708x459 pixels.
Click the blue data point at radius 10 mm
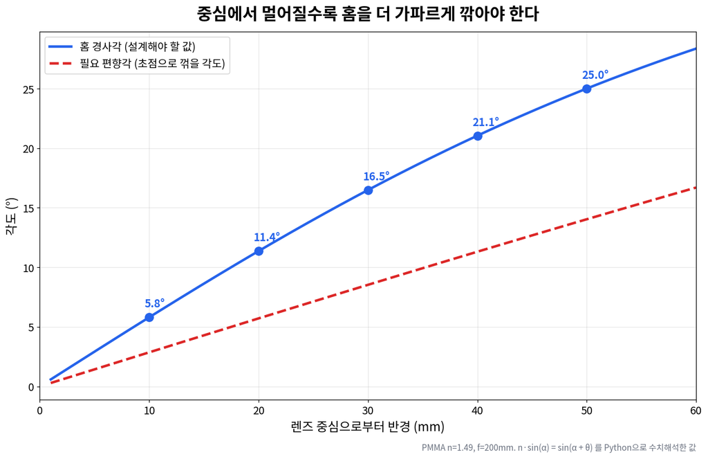(149, 318)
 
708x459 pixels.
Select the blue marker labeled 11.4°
(259, 251)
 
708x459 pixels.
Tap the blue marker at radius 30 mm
(368, 190)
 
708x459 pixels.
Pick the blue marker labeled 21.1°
(477, 136)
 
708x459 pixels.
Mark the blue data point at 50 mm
(586, 89)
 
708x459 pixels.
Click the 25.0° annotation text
(595, 75)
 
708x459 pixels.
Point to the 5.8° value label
(154, 303)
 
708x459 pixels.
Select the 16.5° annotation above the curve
(376, 177)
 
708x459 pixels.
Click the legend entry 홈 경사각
(138, 46)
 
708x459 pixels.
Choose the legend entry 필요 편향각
(152, 63)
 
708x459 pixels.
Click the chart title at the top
(368, 14)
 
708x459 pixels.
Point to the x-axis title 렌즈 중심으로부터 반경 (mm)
(368, 426)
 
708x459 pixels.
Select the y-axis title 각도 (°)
(11, 216)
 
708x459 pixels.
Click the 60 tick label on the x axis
(696, 411)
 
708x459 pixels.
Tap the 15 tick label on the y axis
(28, 208)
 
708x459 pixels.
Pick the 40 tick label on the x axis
(477, 411)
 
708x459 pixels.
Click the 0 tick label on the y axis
(31, 387)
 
